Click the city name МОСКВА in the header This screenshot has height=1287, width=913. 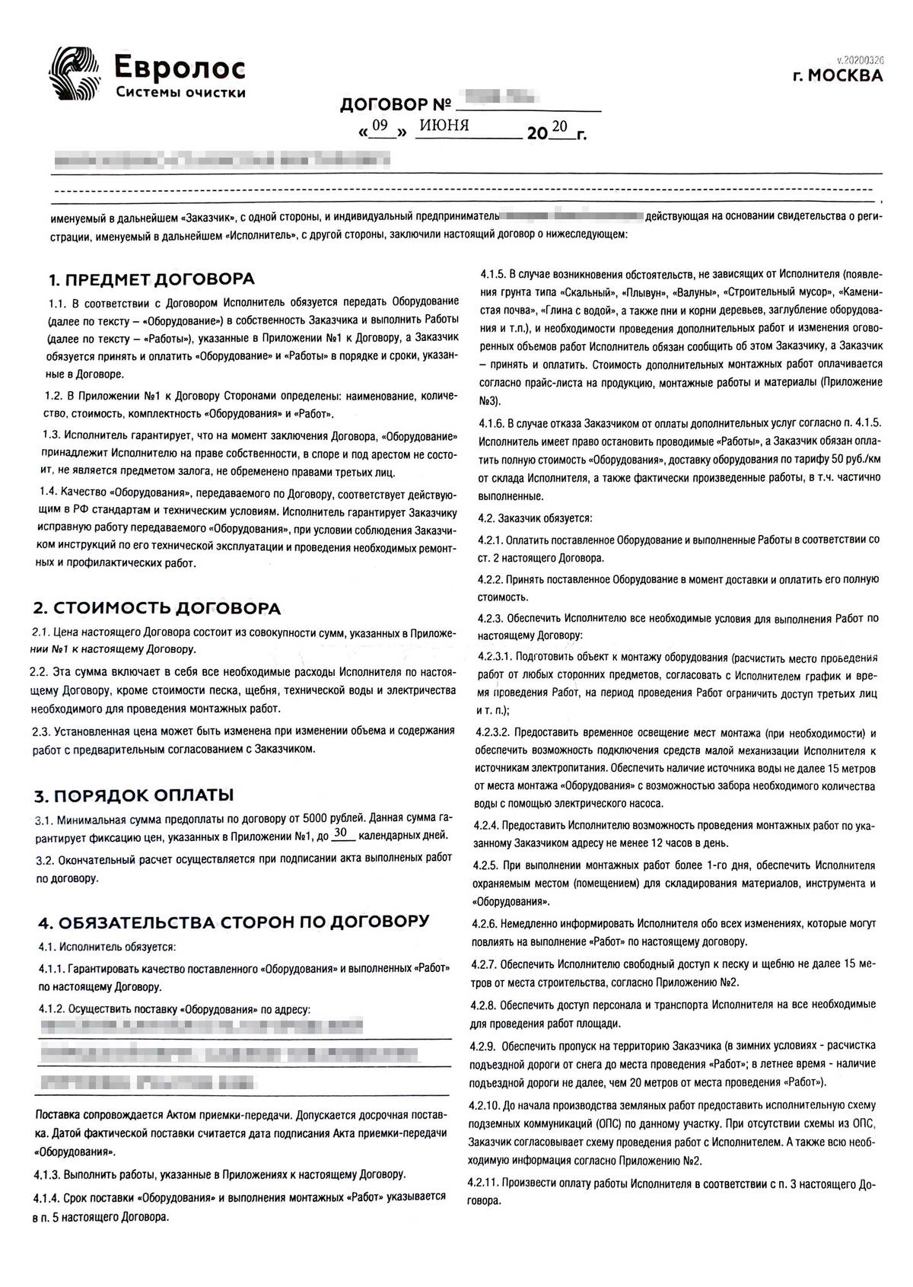click(x=844, y=76)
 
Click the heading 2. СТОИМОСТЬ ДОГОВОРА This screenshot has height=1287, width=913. click(x=156, y=608)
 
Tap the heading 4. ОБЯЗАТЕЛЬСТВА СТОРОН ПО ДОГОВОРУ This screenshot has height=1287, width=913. click(x=233, y=922)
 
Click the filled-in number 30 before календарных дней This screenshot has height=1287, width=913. click(x=343, y=833)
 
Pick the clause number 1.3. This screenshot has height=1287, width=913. click(x=52, y=435)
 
